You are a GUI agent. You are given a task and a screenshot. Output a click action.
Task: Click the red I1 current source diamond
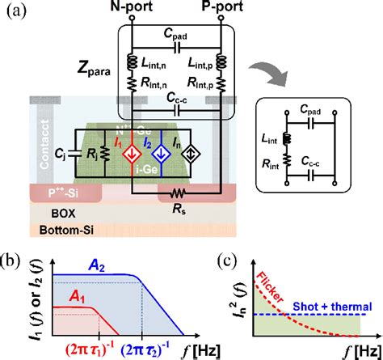(x=135, y=155)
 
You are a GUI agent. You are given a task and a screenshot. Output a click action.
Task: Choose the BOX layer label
(x=55, y=216)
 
